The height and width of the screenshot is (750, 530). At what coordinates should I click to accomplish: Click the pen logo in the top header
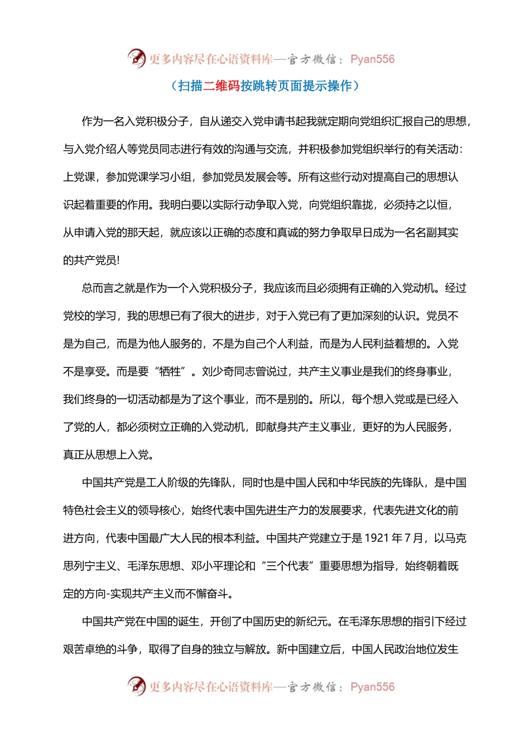[x=137, y=58]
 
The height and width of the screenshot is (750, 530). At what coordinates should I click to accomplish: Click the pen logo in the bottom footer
[x=137, y=686]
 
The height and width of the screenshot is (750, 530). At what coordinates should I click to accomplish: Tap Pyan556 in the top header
[x=372, y=59]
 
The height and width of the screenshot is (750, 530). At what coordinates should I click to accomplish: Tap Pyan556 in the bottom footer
[x=372, y=687]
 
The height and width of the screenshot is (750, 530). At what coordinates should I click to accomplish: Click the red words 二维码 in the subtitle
[x=221, y=85]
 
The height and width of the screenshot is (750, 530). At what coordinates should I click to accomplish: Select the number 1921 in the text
[x=376, y=538]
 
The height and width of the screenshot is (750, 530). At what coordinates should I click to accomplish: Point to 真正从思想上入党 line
[x=106, y=455]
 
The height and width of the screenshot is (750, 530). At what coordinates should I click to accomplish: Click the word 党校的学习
[x=89, y=316]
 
